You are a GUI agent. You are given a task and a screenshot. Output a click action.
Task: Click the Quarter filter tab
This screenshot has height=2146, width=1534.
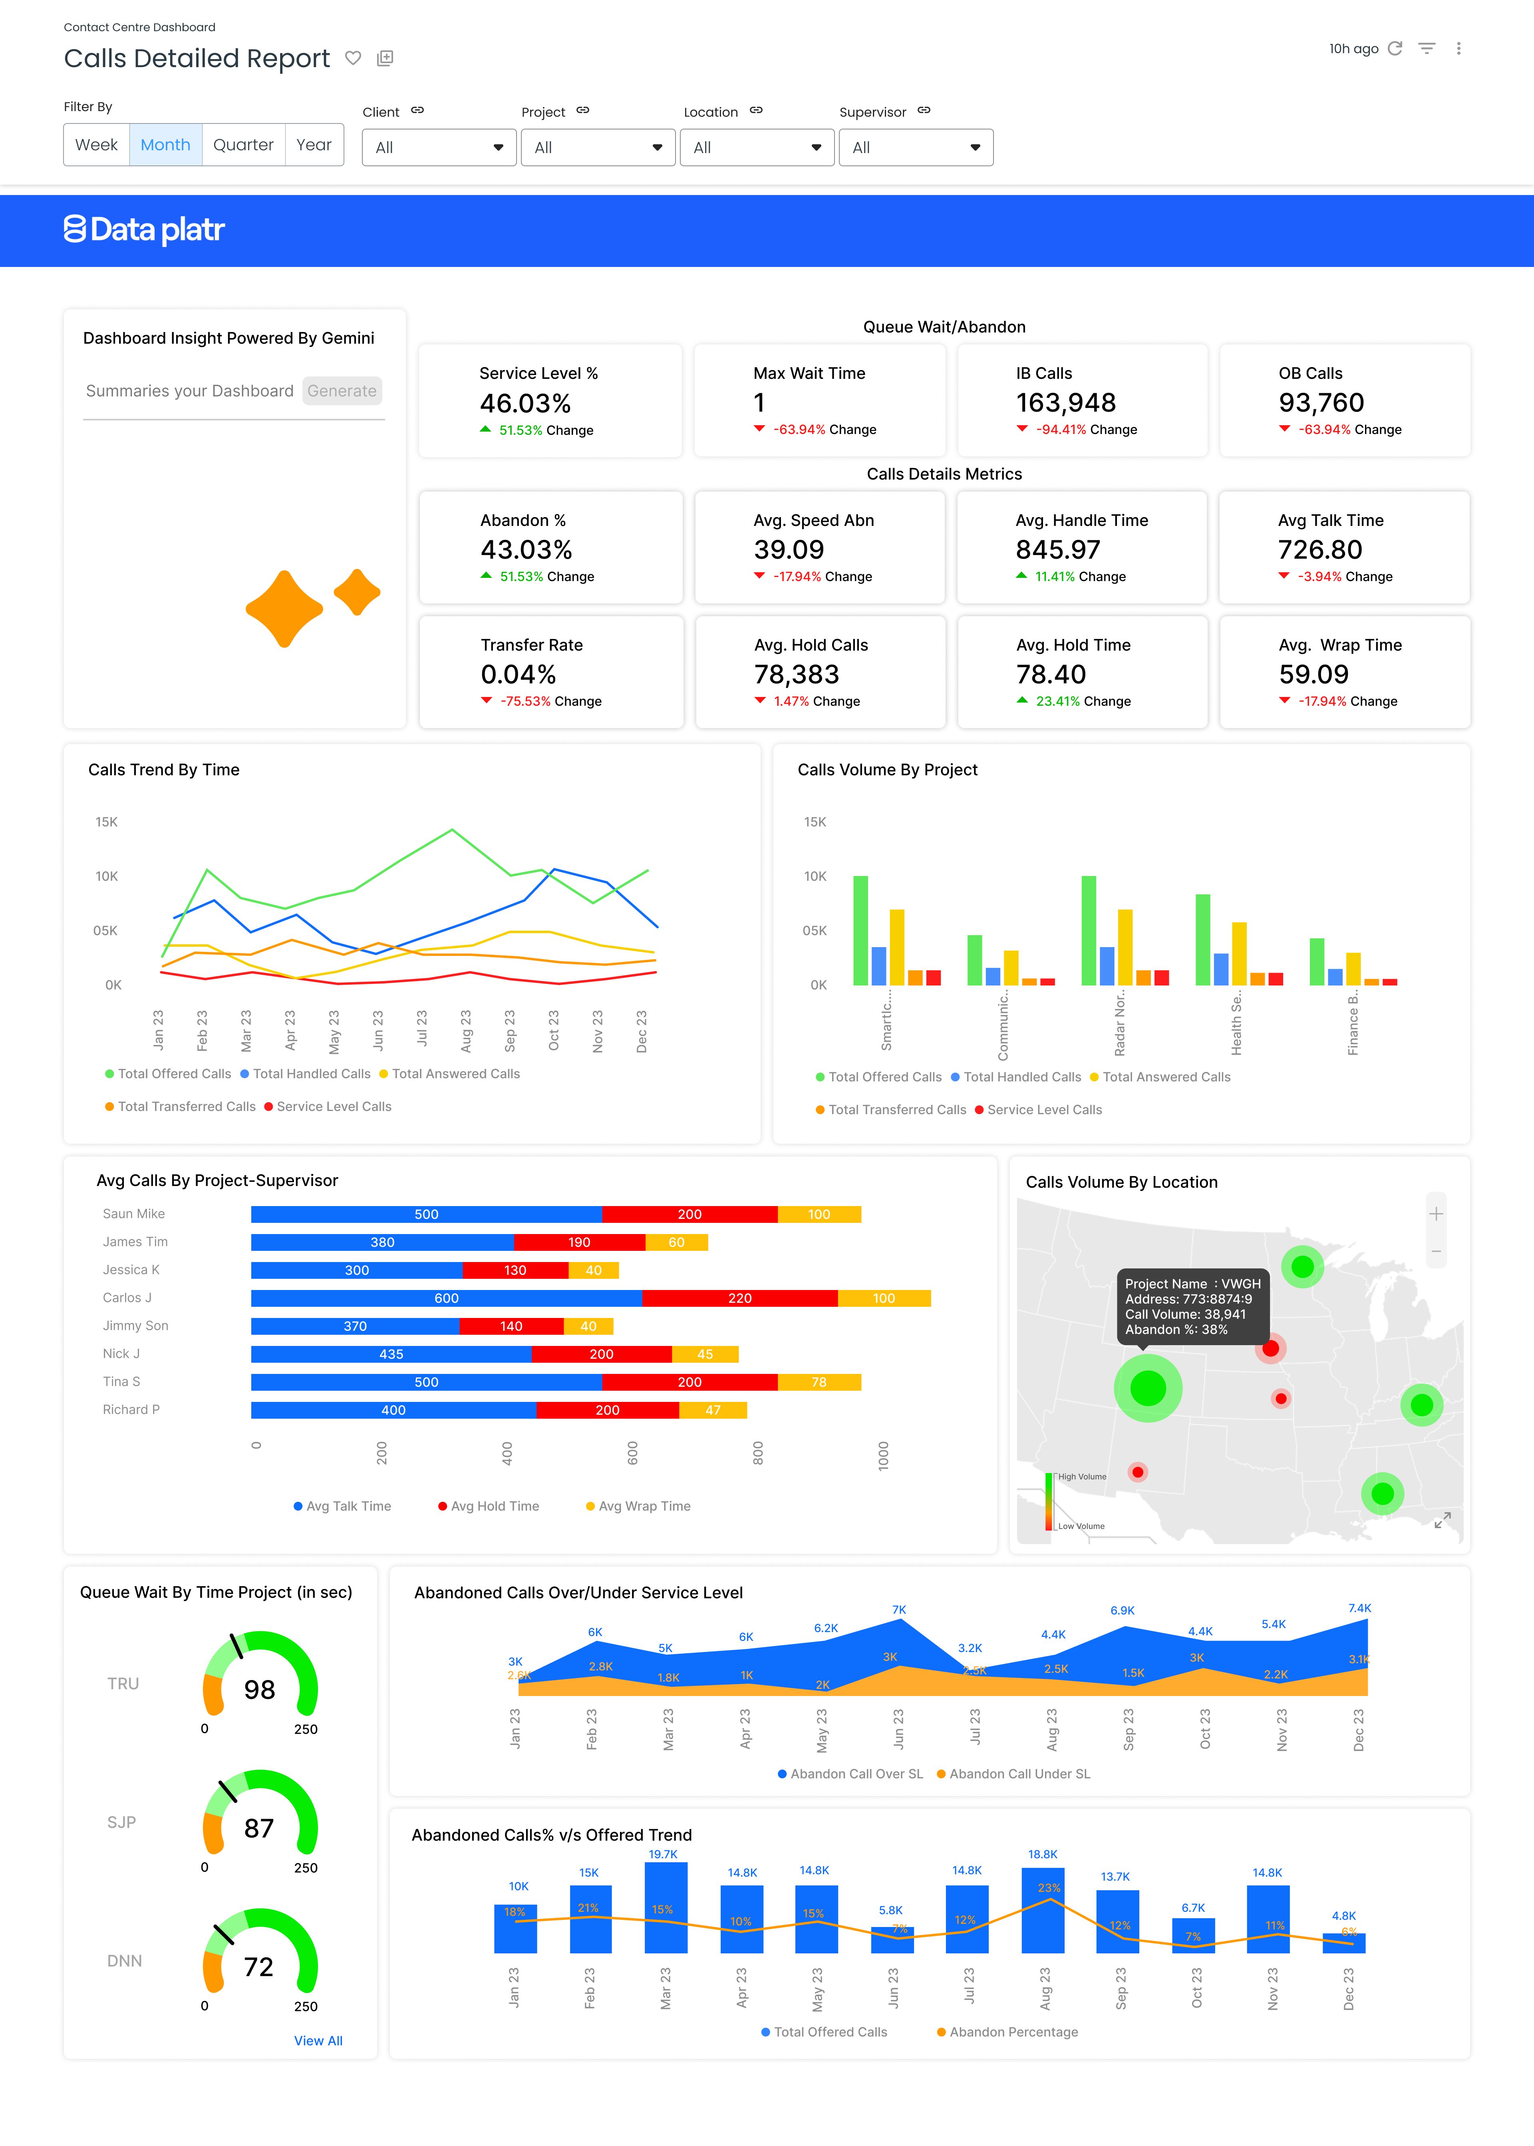point(243,145)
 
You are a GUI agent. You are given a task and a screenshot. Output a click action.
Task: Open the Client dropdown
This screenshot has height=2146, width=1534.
point(438,147)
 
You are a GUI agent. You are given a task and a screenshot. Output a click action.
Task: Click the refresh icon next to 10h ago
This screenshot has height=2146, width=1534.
point(1394,48)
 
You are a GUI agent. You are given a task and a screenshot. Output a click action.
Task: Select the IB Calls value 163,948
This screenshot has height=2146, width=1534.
point(1065,402)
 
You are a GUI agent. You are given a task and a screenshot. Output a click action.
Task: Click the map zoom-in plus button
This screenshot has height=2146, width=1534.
point(1436,1213)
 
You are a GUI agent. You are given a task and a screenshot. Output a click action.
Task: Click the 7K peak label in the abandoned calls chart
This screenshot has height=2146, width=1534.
point(899,1609)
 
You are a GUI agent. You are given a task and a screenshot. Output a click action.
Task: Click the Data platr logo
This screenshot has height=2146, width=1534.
point(145,230)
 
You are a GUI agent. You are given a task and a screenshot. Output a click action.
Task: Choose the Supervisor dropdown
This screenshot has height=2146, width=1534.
point(915,147)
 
